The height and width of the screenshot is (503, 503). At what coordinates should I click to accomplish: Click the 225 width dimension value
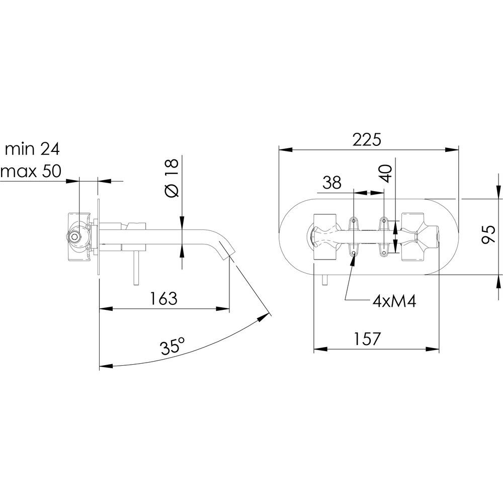click(x=367, y=139)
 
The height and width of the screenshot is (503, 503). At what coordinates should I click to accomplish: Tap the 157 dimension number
click(x=367, y=339)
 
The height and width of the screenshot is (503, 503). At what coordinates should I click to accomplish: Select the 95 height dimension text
click(x=489, y=234)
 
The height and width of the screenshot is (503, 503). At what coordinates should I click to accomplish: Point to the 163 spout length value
click(x=163, y=298)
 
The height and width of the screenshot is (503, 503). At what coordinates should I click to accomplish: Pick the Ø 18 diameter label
click(x=172, y=179)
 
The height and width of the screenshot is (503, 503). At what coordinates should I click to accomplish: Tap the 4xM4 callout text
click(x=394, y=301)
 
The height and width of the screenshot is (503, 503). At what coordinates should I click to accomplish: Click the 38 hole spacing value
click(x=332, y=183)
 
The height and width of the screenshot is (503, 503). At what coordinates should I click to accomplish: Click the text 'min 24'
click(x=32, y=149)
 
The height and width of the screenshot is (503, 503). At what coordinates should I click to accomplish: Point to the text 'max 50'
click(x=31, y=171)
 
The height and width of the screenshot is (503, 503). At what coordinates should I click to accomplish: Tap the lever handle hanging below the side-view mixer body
click(x=136, y=268)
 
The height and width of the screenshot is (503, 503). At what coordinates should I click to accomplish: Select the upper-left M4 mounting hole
click(x=354, y=221)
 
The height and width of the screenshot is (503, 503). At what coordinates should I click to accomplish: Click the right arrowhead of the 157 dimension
click(x=433, y=349)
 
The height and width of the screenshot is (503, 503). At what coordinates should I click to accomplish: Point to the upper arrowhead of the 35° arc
click(x=264, y=318)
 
